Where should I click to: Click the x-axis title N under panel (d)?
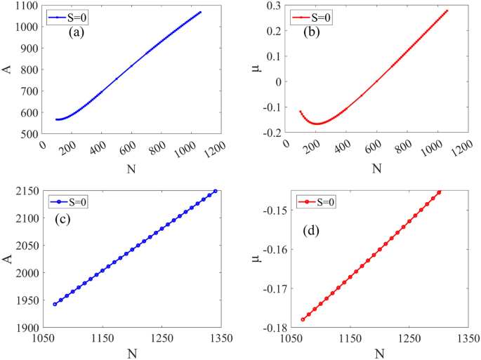(x=379, y=352)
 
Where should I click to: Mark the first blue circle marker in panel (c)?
(x=55, y=305)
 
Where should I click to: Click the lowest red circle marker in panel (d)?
(x=303, y=319)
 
